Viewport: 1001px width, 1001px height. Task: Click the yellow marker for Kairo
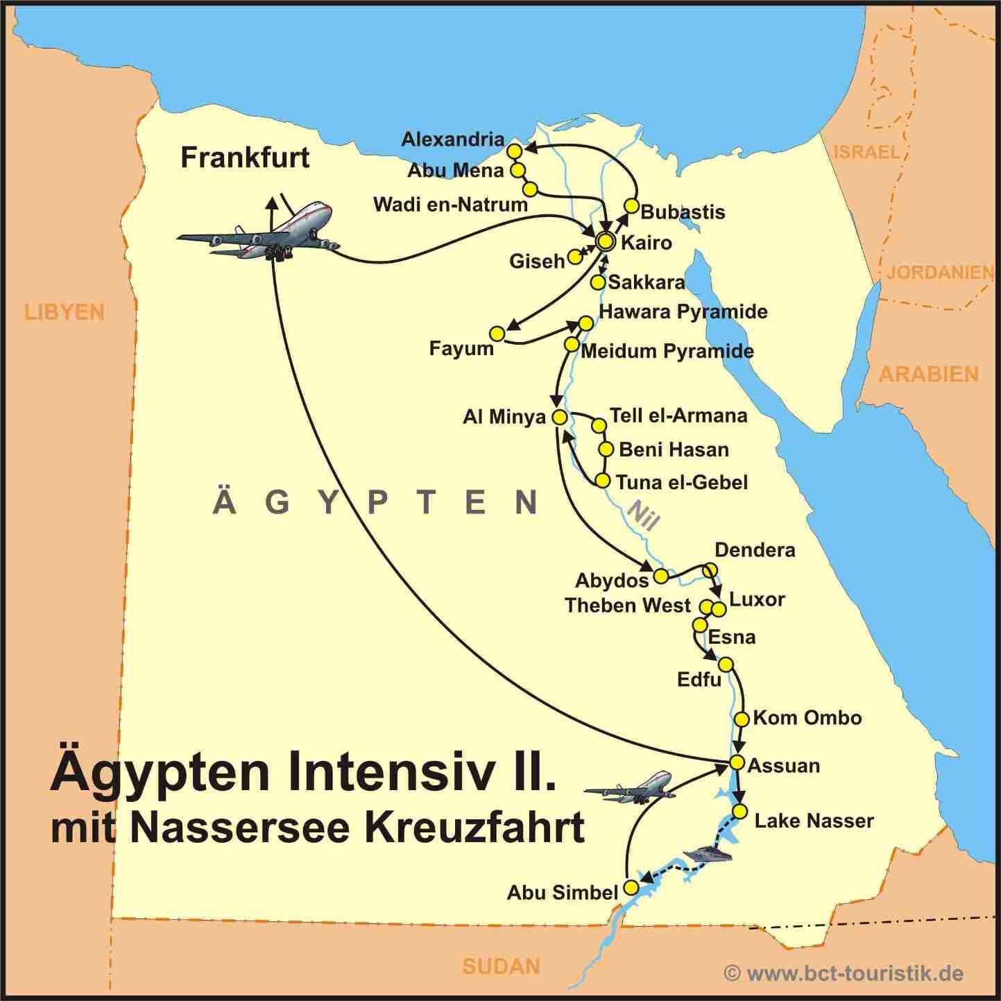click(606, 241)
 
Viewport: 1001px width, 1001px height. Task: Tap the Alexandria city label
click(452, 139)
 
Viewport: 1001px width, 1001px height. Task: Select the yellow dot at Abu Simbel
click(631, 887)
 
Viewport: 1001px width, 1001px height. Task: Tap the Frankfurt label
click(245, 157)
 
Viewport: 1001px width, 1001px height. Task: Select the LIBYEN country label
click(64, 312)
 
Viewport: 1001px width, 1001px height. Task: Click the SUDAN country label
click(501, 966)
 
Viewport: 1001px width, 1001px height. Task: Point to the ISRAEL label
click(866, 152)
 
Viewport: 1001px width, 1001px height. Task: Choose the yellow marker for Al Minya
click(559, 418)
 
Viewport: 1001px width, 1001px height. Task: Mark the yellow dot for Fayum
click(497, 334)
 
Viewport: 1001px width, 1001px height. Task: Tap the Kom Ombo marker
click(741, 719)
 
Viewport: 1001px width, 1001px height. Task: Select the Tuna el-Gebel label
click(681, 482)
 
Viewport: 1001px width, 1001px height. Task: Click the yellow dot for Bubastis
click(631, 206)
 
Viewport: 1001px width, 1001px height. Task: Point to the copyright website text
click(844, 973)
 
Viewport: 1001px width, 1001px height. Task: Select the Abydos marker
click(661, 576)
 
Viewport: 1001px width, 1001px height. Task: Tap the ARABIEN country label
click(928, 375)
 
